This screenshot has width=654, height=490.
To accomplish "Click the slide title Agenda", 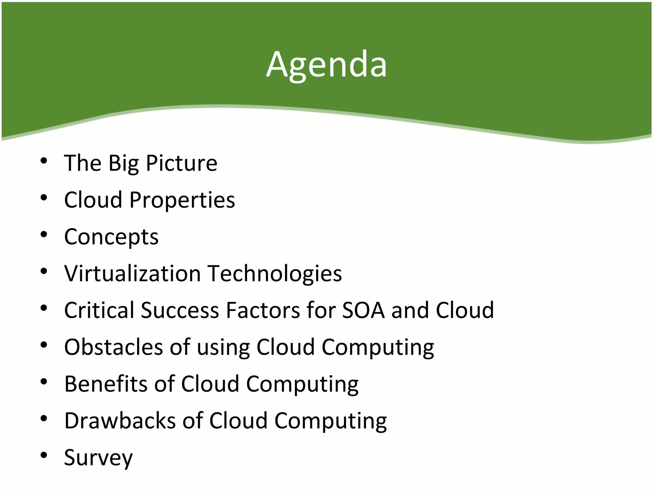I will tap(326, 65).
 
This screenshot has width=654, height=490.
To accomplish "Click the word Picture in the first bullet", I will tap(181, 163).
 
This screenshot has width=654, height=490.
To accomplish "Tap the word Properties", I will tap(182, 200).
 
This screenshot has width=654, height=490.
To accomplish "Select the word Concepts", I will tap(111, 237).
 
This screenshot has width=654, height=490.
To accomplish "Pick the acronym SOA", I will tap(363, 310).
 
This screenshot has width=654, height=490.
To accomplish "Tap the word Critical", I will tap(99, 310).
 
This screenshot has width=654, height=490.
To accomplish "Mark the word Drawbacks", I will tap(120, 420).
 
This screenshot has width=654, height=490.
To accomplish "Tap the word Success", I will tap(180, 310).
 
